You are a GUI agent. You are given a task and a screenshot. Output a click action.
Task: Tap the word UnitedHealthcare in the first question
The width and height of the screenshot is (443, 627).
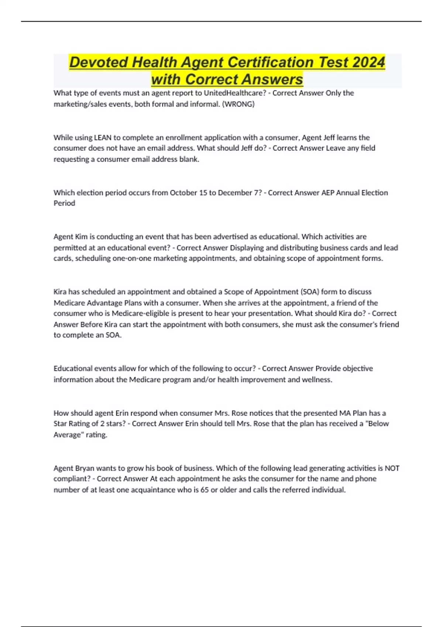click(x=235, y=93)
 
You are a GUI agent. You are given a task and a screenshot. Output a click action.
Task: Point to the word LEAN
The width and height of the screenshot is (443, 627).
click(x=103, y=138)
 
